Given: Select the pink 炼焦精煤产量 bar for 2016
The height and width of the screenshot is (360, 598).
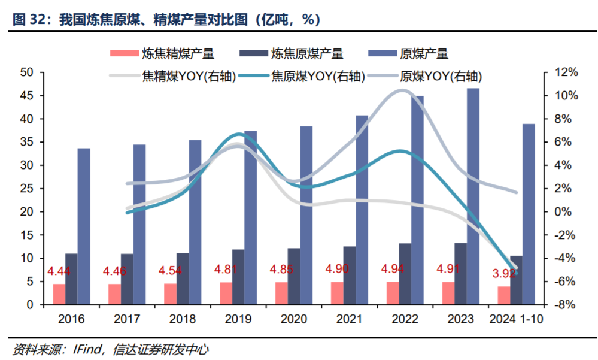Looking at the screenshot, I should coord(59,294).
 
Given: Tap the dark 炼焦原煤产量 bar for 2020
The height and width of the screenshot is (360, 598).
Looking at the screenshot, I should coord(294,276).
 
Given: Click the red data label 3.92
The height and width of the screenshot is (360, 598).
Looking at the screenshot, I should coord(506,275).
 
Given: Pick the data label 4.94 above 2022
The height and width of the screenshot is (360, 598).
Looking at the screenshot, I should coord(394,267).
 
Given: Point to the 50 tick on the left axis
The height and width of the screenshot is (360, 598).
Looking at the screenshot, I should coord(26,72).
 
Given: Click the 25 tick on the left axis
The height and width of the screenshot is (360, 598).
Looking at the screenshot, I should coord(26,189).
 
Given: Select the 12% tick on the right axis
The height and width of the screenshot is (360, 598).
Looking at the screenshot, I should coord(566,72).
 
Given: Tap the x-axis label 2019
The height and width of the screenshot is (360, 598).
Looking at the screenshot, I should coord(238,318).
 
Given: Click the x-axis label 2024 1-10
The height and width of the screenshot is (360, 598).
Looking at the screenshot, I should coord(516,318).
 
